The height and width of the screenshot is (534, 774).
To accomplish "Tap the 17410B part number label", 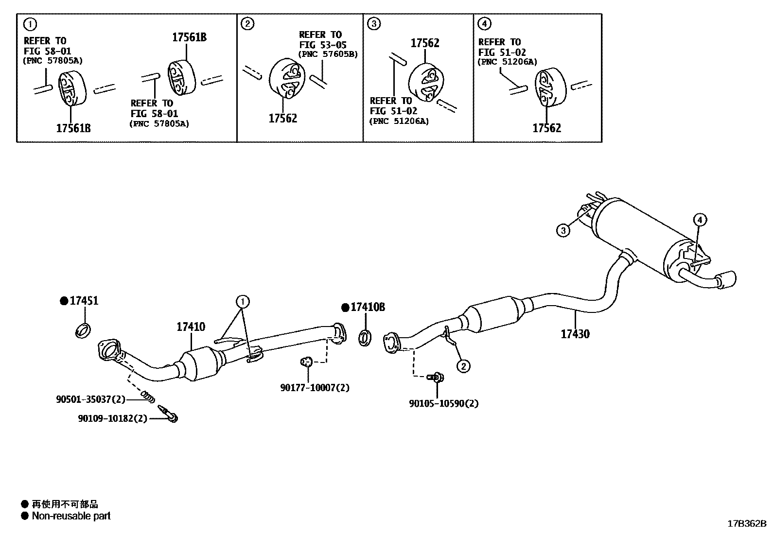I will [x=368, y=307].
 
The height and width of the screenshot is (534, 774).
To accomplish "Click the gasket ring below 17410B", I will [x=365, y=338].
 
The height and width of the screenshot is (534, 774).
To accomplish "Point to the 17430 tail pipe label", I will [x=575, y=334].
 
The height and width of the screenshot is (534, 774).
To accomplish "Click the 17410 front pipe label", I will [x=191, y=327].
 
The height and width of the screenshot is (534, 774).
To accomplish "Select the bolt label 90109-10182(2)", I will [x=112, y=418].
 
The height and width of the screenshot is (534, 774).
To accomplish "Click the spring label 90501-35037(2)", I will [x=90, y=399].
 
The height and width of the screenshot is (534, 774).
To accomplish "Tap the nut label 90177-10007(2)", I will [x=315, y=388].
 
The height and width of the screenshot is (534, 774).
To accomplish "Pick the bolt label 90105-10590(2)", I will [x=443, y=404].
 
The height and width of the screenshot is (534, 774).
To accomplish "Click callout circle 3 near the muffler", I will [x=563, y=230].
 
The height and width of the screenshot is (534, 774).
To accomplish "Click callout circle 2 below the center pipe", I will [x=463, y=366].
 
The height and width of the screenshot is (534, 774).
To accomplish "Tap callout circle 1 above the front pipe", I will [x=243, y=302].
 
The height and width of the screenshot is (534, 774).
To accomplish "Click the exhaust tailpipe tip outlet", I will [x=730, y=279].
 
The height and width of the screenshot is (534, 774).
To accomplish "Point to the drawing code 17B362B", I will [x=746, y=524].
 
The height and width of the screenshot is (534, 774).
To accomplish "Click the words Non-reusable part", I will [x=71, y=516].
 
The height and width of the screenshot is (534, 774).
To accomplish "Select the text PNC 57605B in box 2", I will [x=328, y=54].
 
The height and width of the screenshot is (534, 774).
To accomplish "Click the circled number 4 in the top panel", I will [x=484, y=23].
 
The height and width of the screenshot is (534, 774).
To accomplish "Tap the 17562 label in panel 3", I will [x=424, y=43].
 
